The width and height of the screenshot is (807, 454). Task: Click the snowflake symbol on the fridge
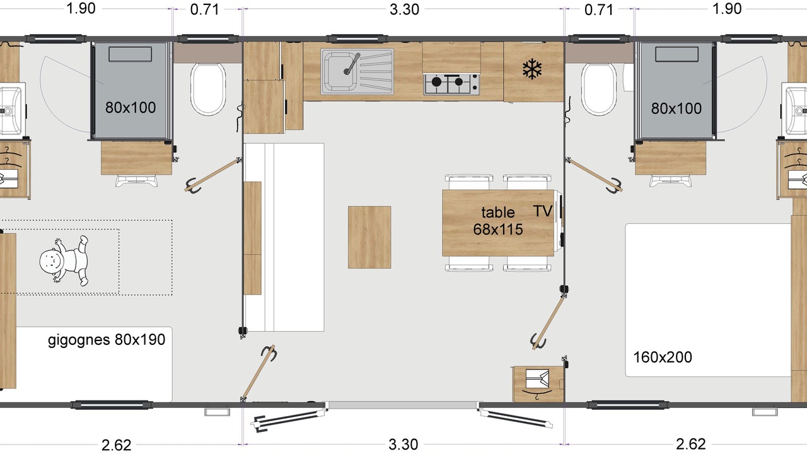[532, 69]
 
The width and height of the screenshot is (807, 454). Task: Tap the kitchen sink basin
[339, 71]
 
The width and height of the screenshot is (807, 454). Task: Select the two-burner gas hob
[451, 84]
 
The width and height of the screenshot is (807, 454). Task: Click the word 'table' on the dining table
[498, 212]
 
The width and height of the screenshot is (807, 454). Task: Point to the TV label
[543, 211]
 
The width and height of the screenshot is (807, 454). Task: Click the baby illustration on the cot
[64, 261]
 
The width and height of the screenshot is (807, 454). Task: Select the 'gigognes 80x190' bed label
[107, 340]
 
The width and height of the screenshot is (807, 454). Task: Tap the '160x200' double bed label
[663, 358]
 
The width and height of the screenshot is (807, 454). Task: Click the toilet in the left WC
[208, 90]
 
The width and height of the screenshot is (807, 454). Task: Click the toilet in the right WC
[599, 90]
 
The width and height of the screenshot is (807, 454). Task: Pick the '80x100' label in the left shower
[131, 107]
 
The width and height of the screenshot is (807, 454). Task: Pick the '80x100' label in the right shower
[676, 108]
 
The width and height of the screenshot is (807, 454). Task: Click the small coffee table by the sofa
[369, 237]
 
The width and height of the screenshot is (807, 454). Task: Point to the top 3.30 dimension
[404, 9]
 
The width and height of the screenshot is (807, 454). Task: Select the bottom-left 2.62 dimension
[117, 445]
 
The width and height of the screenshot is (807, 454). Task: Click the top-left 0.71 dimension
[205, 9]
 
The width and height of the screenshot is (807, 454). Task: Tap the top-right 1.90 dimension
[727, 9]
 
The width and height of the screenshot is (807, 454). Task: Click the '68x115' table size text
[498, 229]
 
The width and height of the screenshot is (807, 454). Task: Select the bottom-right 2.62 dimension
[690, 445]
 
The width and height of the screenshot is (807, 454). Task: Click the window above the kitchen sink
[357, 38]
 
